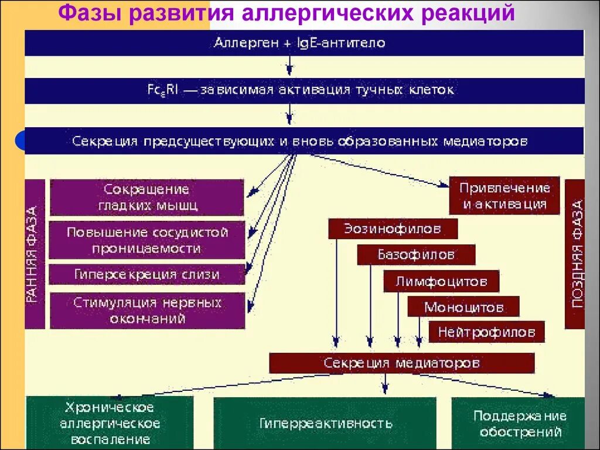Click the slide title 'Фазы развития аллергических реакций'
pyautogui.click(x=287, y=12)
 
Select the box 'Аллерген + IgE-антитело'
pyautogui.click(x=304, y=43)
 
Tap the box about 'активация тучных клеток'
pyautogui.click(x=304, y=91)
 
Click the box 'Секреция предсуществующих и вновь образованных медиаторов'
pyautogui.click(x=304, y=141)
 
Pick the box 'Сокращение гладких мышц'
pyautogui.click(x=146, y=197)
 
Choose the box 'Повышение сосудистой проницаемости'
pyautogui.click(x=146, y=240)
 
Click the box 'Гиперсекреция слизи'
pyautogui.click(x=146, y=274)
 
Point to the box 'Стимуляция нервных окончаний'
pyautogui.click(x=147, y=311)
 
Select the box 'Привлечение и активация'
pyautogui.click(x=504, y=196)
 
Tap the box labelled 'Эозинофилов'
pyautogui.click(x=393, y=229)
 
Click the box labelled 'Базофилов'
pyautogui.click(x=416, y=255)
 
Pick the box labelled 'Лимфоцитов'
pyautogui.click(x=441, y=281)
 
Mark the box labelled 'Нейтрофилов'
pyautogui.click(x=486, y=332)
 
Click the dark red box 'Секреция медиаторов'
pyautogui.click(x=401, y=363)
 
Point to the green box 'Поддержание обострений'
pyautogui.click(x=519, y=423)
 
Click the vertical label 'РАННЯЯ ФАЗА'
pyautogui.click(x=34, y=254)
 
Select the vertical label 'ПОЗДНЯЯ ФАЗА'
pyautogui.click(x=575, y=253)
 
